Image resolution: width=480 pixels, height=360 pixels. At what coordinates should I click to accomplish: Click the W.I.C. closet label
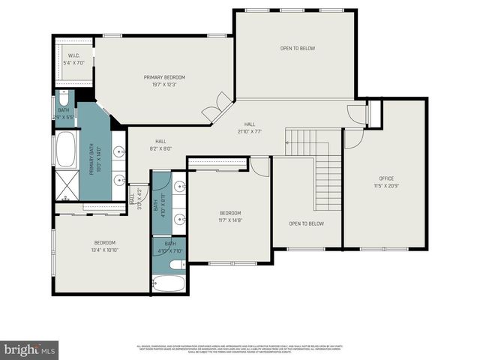[73, 55]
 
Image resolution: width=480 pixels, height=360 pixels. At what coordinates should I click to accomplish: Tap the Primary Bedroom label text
[164, 77]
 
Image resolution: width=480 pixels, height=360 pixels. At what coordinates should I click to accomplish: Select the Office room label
[386, 178]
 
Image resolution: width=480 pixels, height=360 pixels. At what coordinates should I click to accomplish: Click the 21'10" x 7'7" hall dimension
[249, 132]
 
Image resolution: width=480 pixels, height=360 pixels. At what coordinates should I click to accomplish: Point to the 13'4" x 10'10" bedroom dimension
[104, 250]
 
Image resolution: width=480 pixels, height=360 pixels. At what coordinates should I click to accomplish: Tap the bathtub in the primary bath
[66, 151]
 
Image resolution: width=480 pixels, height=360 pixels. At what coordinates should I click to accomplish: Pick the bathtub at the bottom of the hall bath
[169, 284]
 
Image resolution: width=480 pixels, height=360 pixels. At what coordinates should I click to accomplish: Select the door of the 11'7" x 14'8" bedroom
[259, 166]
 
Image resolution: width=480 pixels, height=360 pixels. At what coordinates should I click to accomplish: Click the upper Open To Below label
[298, 49]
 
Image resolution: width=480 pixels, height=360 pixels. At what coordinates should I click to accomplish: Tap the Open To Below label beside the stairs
[307, 223]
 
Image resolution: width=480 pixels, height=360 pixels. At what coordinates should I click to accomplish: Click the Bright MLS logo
[30, 349]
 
